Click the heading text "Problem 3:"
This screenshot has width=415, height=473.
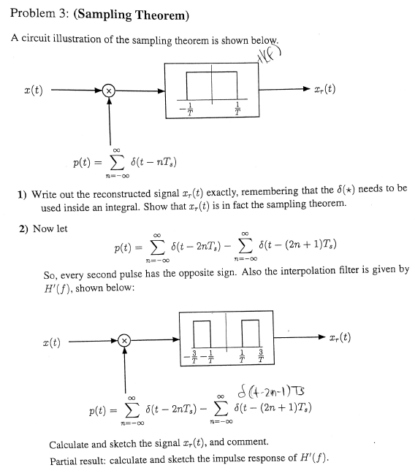pyautogui.click(x=37, y=14)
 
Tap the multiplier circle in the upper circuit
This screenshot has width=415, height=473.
pyautogui.click(x=108, y=90)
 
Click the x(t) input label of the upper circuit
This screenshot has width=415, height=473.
pyautogui.click(x=32, y=90)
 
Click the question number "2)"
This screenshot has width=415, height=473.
pyautogui.click(x=23, y=228)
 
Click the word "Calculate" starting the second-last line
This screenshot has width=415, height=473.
pyautogui.click(x=71, y=443)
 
